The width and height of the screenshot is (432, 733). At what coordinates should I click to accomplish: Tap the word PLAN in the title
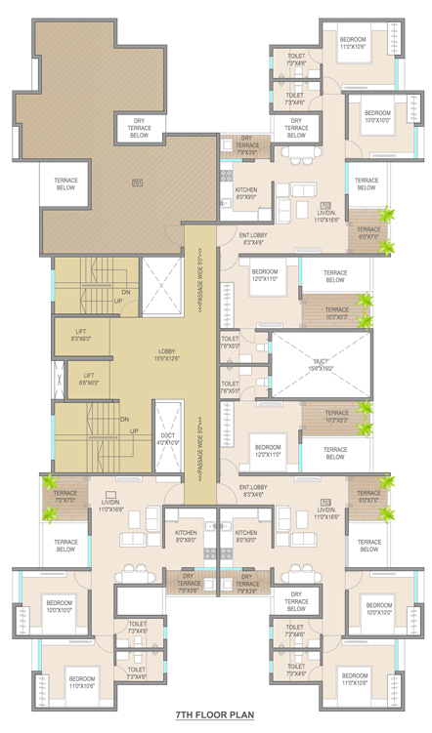pos(240,714)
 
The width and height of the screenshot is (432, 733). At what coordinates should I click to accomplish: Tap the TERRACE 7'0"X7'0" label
pos(65,497)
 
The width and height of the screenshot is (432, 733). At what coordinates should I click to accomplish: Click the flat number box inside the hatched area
pos(137,183)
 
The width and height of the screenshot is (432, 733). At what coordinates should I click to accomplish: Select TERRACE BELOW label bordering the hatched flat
pos(65,183)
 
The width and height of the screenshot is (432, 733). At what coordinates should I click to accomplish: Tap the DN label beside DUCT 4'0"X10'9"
pos(125,419)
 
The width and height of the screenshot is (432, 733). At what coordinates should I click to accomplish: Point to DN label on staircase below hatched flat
pos(124,292)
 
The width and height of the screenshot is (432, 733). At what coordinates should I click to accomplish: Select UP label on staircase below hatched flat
pos(118,301)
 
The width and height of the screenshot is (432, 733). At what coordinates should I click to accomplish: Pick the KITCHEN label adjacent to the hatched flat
pos(246,192)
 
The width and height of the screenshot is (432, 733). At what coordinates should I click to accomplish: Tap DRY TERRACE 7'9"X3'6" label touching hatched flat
pos(246,145)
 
